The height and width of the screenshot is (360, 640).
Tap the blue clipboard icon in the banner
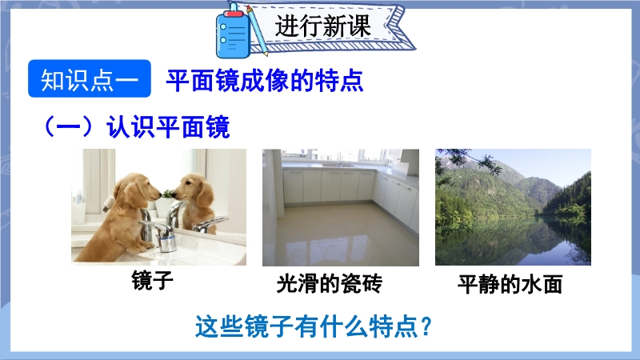pyautogui.click(x=233, y=34)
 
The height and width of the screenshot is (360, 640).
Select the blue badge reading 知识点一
pyautogui.click(x=90, y=78)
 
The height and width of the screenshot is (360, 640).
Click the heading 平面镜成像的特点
pyautogui.click(x=265, y=81)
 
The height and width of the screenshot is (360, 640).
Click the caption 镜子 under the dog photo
pyautogui.click(x=152, y=280)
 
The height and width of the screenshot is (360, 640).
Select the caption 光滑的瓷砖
pyautogui.click(x=330, y=284)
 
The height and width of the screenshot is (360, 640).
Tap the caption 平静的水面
pyautogui.click(x=510, y=284)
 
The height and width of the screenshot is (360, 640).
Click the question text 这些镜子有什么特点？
pyautogui.click(x=314, y=326)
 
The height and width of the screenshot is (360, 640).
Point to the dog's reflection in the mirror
pyautogui.click(x=194, y=202)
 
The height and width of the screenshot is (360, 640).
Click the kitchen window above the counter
pyautogui.click(x=334, y=154)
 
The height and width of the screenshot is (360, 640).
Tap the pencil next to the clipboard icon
pyautogui.click(x=257, y=30)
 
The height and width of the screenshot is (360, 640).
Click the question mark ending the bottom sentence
pyautogui.click(x=426, y=326)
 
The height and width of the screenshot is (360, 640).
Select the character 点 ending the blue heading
pyautogui.click(x=351, y=81)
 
